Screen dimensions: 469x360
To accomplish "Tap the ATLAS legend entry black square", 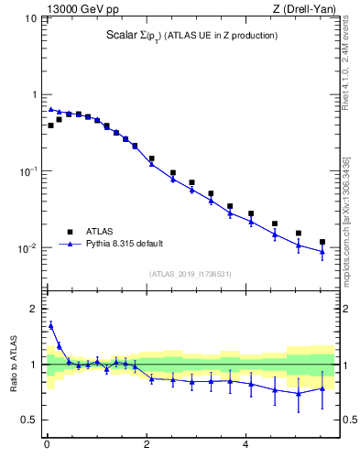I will point(70,232).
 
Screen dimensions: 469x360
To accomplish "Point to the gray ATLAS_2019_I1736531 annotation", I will point(191,273).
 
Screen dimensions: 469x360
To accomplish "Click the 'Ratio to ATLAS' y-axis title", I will point(16,365).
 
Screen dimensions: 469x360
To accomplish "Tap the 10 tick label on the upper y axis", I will point(30,18).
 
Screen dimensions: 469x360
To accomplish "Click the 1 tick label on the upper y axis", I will point(34,95).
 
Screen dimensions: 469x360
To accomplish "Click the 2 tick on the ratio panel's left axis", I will point(34,309).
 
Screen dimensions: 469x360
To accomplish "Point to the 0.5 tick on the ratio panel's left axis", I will point(30,420).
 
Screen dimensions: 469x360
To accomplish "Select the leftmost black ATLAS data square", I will point(50,125).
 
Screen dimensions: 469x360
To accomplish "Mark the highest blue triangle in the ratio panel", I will point(50,325).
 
